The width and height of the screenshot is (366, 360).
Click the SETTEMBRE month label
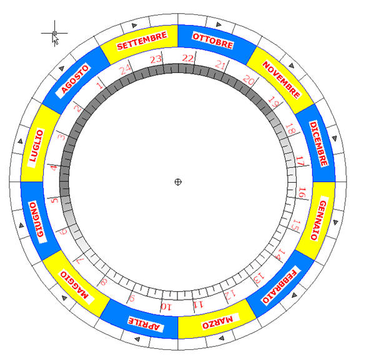pos(142,41)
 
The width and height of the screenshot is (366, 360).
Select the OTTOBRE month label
pos(212,41)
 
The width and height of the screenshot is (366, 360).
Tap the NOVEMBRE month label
pos(281,79)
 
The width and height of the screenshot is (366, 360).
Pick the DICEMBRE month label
pos(319,144)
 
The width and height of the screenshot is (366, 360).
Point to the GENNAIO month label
pos(319,220)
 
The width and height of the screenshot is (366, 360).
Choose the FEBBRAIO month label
pos(280,286)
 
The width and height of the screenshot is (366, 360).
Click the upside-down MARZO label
pos(217,322)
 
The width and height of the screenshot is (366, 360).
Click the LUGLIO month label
pos(36,145)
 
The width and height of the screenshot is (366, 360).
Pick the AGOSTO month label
pos(75,79)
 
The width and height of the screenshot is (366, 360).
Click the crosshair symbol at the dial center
pos(178,182)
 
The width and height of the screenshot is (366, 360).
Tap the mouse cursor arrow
pos(56,40)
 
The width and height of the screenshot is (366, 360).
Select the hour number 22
pos(187,58)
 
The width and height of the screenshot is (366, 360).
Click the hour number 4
pos(54,168)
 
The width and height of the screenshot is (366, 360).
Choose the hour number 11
pos(198,304)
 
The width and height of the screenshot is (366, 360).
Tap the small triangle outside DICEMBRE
pos(335,139)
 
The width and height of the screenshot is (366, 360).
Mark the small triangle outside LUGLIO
pos(21,141)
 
